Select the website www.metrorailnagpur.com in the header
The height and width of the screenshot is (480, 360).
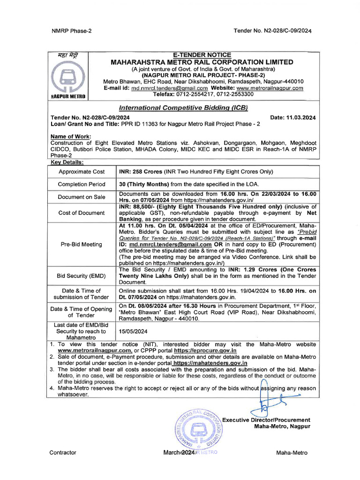click(270, 88)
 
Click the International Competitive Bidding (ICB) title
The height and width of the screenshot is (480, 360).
click(183, 107)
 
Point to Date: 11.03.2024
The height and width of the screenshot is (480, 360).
click(293, 118)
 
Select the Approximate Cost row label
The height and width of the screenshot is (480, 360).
click(82, 172)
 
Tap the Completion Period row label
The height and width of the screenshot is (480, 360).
click(82, 184)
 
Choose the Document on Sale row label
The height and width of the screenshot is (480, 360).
click(82, 197)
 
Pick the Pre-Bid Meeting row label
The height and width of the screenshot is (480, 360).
click(82, 244)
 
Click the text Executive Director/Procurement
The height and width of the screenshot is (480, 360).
click(266, 420)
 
